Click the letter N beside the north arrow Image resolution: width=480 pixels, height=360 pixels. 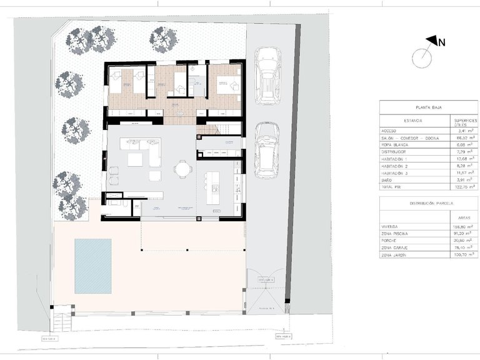coord(441,42)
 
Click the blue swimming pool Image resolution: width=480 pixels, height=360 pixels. coord(93,266)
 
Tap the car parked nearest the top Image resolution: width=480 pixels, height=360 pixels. coord(267,76)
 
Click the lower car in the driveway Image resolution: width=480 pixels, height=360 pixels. coord(267,149)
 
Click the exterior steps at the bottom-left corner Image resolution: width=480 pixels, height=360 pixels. coord(62,322)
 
